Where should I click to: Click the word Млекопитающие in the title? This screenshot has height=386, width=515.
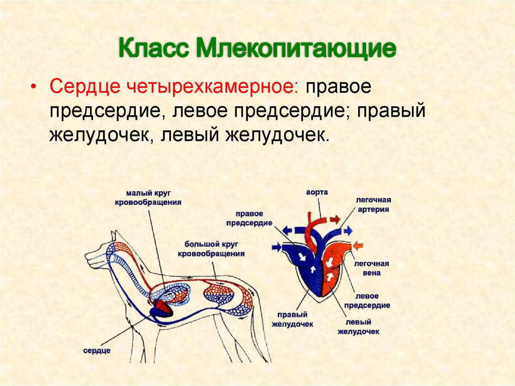[x=296, y=51]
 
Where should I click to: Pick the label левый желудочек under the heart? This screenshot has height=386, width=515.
[x=358, y=327]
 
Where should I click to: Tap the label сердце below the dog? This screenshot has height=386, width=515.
[x=98, y=350]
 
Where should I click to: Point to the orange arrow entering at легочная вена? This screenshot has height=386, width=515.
[x=358, y=246]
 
